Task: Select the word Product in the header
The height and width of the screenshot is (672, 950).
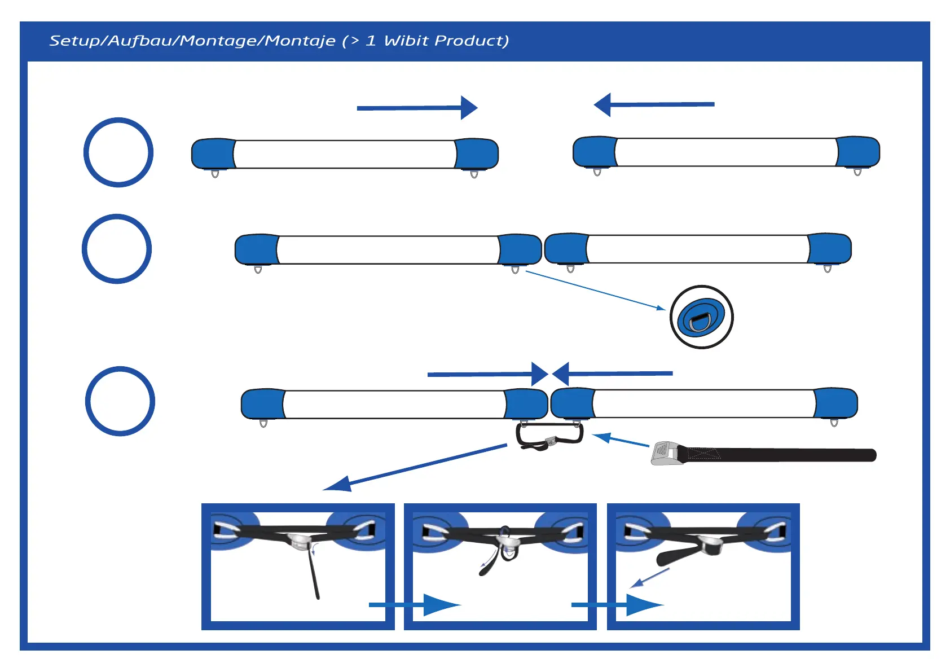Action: click(x=471, y=41)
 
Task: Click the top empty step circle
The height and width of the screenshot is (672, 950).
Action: click(x=118, y=152)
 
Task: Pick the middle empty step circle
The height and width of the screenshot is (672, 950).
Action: click(x=117, y=249)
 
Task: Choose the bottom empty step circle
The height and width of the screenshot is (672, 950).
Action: click(x=120, y=401)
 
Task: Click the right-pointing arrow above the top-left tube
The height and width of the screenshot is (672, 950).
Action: click(x=417, y=108)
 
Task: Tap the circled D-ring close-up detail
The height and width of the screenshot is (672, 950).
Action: click(x=701, y=317)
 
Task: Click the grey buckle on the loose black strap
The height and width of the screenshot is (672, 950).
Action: click(x=664, y=454)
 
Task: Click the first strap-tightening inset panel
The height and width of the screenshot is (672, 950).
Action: click(x=298, y=566)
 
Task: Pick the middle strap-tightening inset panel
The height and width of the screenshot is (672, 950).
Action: click(x=500, y=566)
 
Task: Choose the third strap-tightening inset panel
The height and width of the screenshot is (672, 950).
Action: click(x=703, y=566)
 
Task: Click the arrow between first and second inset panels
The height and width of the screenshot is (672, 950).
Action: click(x=415, y=605)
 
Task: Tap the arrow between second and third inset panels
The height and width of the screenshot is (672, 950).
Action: click(x=617, y=605)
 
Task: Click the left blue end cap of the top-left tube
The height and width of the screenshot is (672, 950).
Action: click(x=213, y=153)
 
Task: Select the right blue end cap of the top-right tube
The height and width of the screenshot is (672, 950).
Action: click(x=858, y=152)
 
